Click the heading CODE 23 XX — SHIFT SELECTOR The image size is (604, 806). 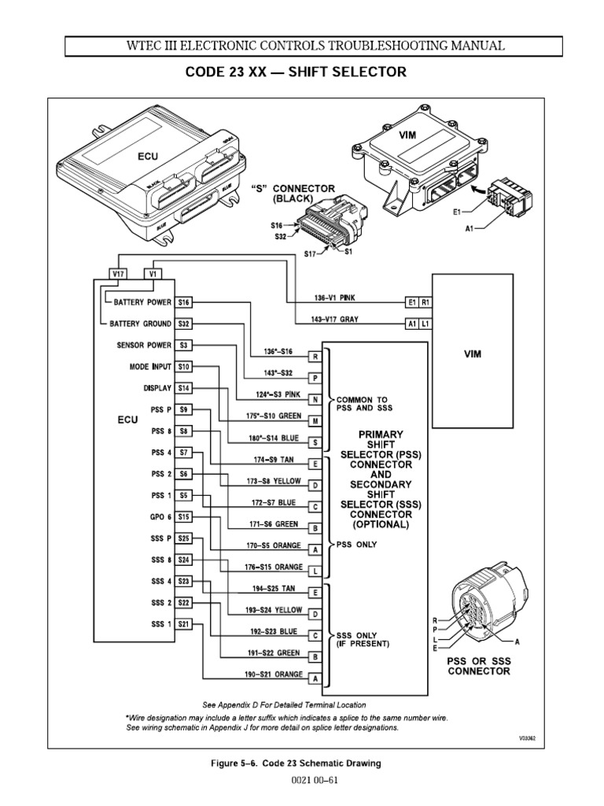point(296,72)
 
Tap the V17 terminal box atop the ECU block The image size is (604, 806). point(117,275)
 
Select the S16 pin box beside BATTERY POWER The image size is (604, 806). point(183,302)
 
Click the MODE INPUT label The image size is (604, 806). point(149,367)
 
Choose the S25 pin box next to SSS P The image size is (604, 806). point(183,538)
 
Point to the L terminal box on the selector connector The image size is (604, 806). point(315,570)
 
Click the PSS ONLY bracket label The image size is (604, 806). point(355,544)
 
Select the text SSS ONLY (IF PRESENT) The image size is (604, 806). point(363,638)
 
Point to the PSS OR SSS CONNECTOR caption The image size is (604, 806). point(479,666)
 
